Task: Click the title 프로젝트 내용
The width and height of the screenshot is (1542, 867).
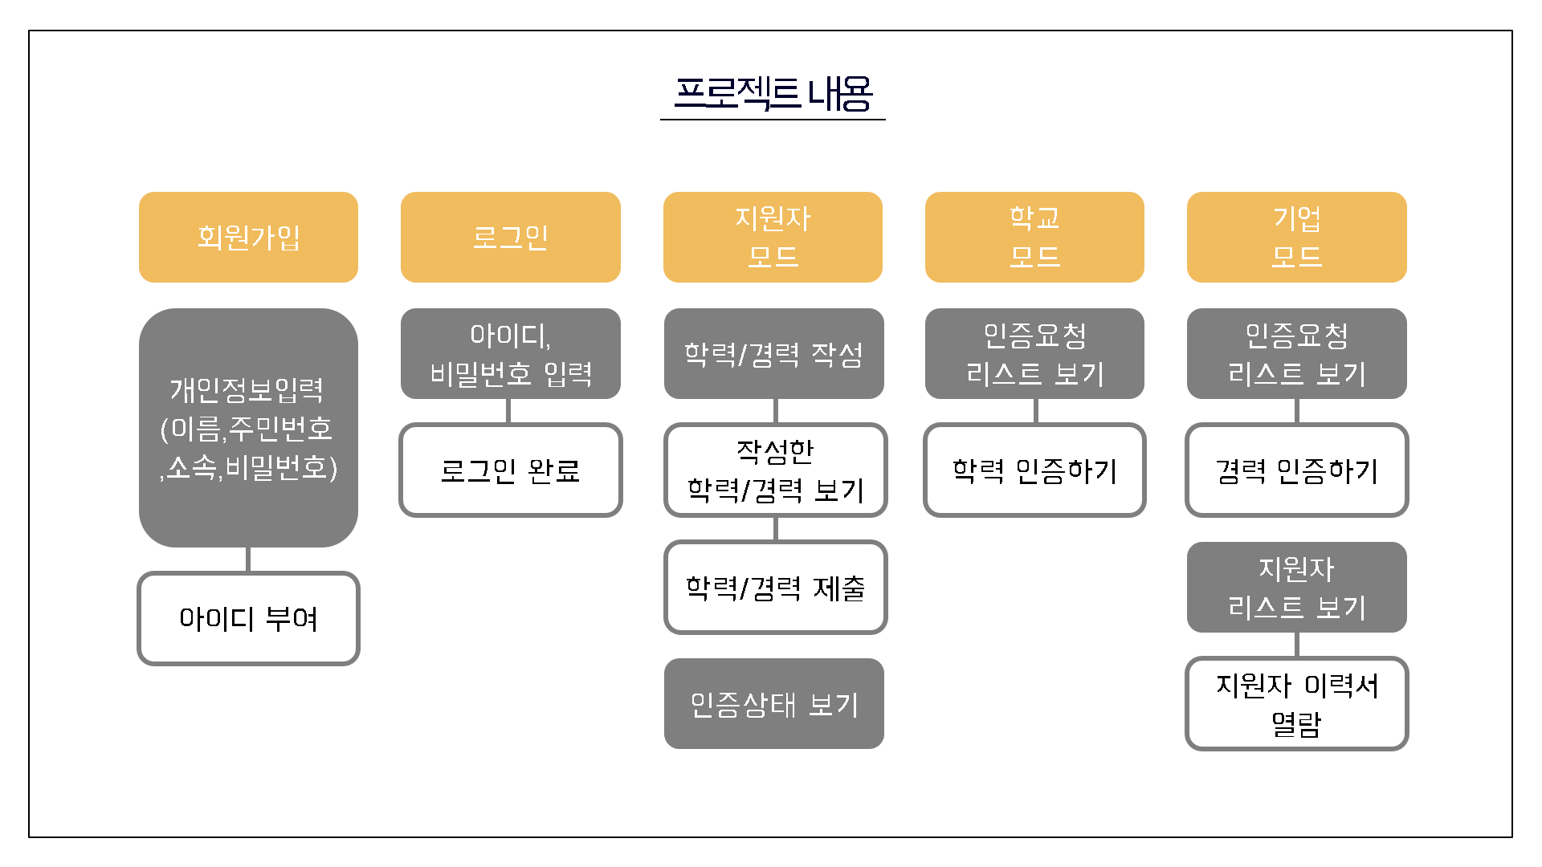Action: [773, 94]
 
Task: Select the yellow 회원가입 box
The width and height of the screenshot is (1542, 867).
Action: [248, 237]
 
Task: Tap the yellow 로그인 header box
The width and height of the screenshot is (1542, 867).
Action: [510, 237]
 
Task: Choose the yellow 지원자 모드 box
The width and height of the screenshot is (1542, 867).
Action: [773, 237]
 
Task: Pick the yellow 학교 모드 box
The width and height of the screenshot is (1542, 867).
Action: [1034, 237]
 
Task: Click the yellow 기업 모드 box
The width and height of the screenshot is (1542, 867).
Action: [1296, 237]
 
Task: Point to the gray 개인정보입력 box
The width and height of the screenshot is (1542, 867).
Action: [248, 427]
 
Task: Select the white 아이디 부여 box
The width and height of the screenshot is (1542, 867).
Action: [248, 618]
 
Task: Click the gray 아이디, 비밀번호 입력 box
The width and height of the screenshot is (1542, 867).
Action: [510, 353]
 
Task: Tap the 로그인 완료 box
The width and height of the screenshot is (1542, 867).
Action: [510, 470]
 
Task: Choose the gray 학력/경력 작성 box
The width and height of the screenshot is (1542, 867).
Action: [773, 353]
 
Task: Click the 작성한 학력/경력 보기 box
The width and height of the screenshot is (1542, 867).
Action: [775, 470]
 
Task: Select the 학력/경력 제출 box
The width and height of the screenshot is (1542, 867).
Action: [775, 587]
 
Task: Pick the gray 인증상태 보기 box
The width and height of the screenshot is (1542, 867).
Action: [773, 703]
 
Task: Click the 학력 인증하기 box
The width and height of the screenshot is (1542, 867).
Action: [1034, 470]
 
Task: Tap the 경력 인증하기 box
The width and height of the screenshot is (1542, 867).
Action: [1296, 470]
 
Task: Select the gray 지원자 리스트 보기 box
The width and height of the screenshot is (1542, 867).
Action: [1296, 587]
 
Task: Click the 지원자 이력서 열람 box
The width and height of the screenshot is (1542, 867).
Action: [1296, 703]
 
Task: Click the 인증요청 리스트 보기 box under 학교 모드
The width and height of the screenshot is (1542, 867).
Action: [1034, 353]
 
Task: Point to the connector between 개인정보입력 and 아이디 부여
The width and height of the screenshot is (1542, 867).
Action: [248, 560]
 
